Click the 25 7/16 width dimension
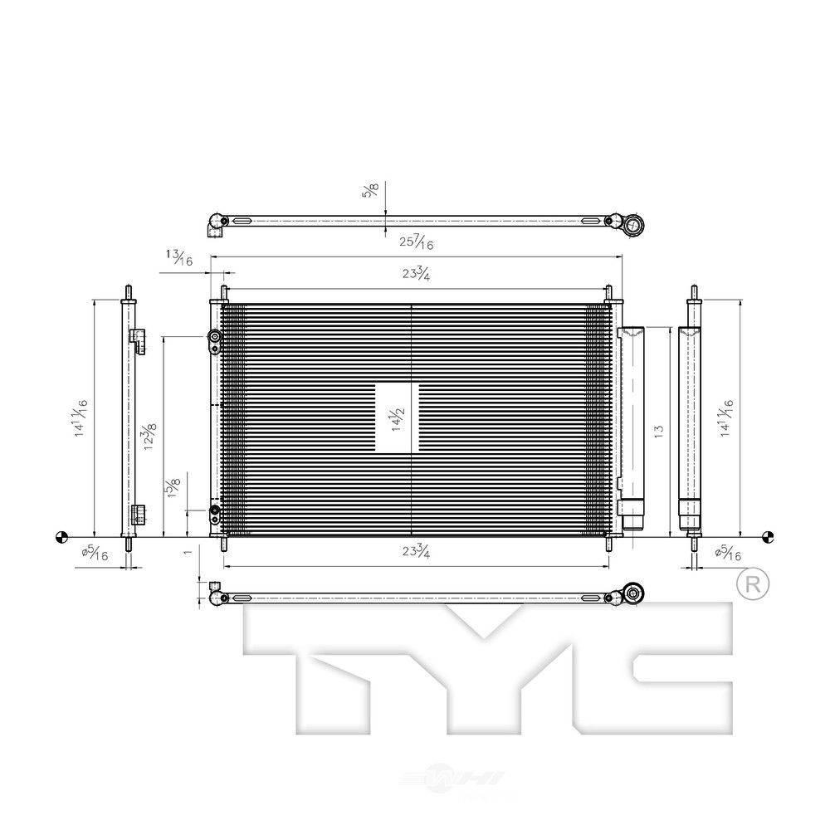(x=417, y=242)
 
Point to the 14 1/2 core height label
(x=398, y=417)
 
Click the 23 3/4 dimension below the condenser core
(x=417, y=551)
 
